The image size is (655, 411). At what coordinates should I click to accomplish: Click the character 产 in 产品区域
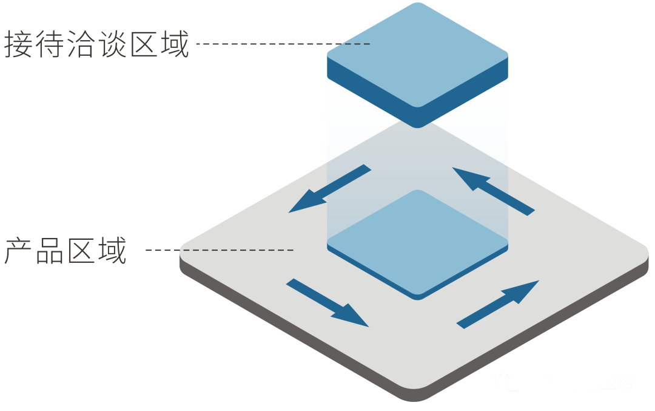tap(19, 251)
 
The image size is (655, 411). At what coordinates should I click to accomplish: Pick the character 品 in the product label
tap(50, 251)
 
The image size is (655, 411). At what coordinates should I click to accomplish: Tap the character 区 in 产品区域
tap(81, 251)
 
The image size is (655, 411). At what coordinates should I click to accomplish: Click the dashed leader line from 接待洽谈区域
tap(283, 44)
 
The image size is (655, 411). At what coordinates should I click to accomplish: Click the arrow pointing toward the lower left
tap(327, 189)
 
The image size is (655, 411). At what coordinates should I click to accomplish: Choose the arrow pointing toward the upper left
tap(494, 191)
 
